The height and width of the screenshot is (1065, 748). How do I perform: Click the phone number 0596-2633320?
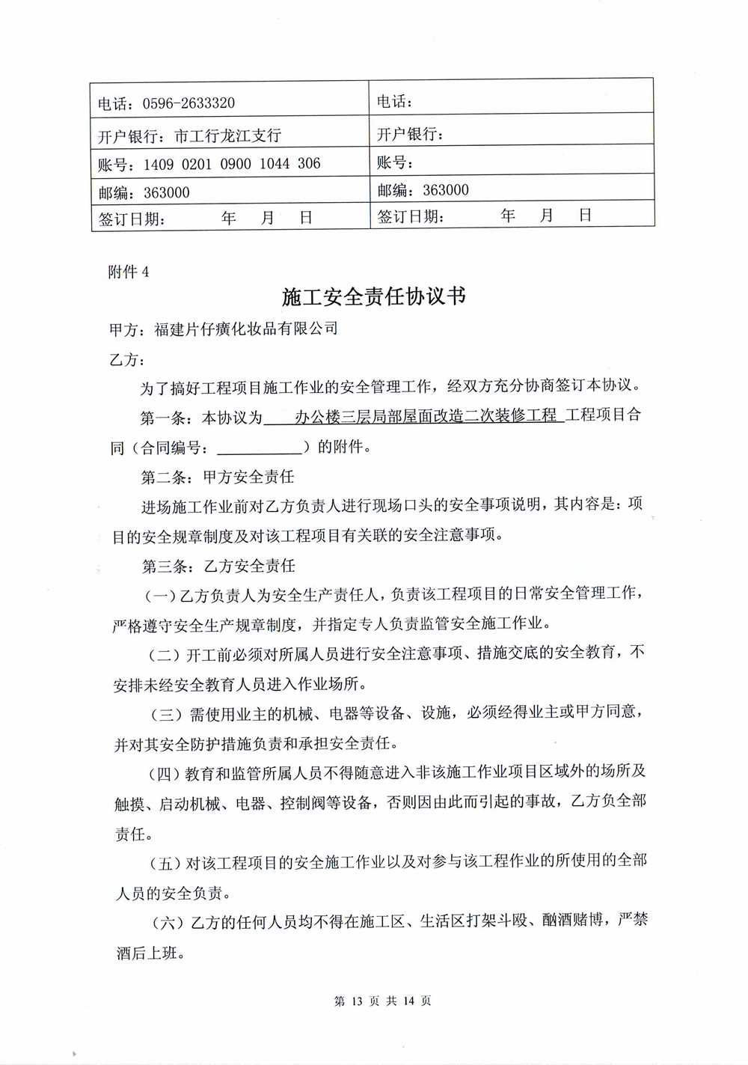click(188, 103)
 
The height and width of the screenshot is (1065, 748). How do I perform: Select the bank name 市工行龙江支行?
click(227, 135)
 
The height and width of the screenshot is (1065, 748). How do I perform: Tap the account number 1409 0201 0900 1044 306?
click(232, 164)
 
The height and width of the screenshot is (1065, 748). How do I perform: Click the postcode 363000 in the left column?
click(167, 192)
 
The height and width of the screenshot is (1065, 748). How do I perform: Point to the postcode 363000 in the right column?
click(446, 190)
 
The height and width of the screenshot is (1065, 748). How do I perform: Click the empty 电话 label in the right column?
click(394, 102)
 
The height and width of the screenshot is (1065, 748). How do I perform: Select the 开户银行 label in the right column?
click(410, 134)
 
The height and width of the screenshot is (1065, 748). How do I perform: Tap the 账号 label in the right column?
click(395, 162)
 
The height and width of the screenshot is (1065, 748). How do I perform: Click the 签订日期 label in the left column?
click(132, 219)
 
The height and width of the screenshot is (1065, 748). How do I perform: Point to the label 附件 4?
click(128, 272)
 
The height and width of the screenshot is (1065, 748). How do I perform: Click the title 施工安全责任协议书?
click(374, 297)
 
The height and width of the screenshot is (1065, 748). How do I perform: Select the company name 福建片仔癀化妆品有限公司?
click(246, 329)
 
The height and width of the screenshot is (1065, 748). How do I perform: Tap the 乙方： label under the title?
click(127, 360)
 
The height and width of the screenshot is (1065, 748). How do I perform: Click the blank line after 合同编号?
click(259, 448)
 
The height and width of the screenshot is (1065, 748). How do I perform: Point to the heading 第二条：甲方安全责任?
click(218, 477)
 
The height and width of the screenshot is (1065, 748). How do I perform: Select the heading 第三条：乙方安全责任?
click(218, 566)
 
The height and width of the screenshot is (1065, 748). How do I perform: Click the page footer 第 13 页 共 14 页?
click(382, 1001)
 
